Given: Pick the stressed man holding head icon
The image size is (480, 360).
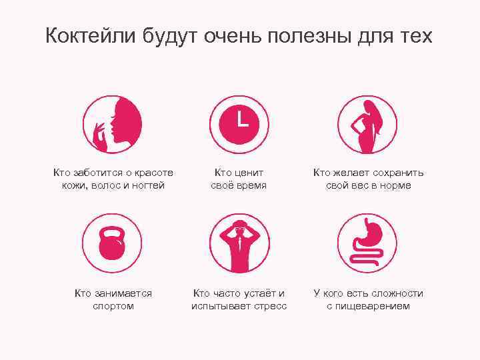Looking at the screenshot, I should (x=240, y=244).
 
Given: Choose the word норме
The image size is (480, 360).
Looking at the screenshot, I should (x=395, y=186).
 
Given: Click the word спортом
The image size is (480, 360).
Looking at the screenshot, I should (x=113, y=306).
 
